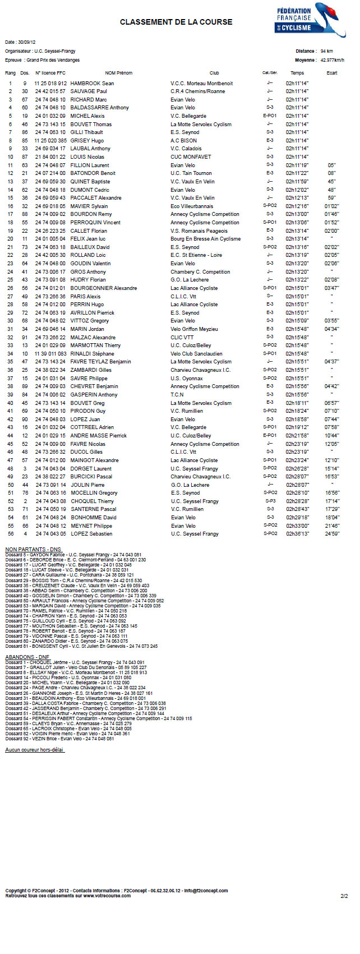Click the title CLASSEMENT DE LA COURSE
(x=176, y=22)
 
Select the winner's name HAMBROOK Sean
(x=92, y=84)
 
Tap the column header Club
(x=214, y=73)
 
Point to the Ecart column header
(x=332, y=73)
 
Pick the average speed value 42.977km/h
(x=332, y=60)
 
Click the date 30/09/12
(x=26, y=42)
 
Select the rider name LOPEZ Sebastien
(x=91, y=534)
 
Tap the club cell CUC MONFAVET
(x=191, y=157)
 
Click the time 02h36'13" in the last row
(x=297, y=534)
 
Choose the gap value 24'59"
(x=332, y=534)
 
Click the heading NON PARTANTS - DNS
(x=33, y=549)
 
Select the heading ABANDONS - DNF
(x=27, y=657)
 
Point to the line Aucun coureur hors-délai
(x=35, y=749)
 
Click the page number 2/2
(x=344, y=896)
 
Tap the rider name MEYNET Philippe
(x=91, y=526)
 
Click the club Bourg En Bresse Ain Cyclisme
(x=205, y=239)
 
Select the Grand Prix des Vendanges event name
(x=53, y=60)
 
